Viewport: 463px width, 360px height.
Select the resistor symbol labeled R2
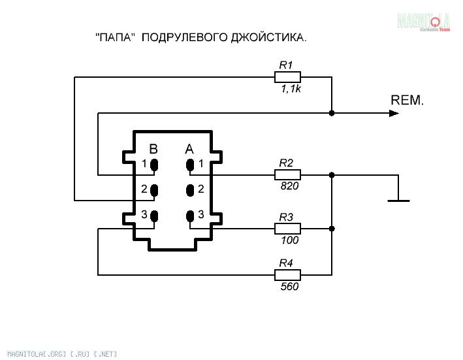click(x=287, y=175)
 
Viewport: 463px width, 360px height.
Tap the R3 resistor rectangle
click(x=287, y=229)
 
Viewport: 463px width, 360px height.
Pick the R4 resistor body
click(x=287, y=274)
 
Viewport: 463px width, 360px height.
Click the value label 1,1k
click(x=291, y=89)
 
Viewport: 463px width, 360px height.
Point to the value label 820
click(x=289, y=187)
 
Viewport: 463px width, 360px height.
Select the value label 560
click(x=289, y=286)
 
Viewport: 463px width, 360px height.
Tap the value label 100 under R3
click(x=289, y=240)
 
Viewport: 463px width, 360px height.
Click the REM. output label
click(x=407, y=101)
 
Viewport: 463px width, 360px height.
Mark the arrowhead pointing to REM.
click(x=394, y=113)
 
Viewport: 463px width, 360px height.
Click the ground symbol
click(x=398, y=200)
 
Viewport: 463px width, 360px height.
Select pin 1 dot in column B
click(x=155, y=165)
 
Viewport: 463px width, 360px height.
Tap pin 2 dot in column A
click(x=190, y=190)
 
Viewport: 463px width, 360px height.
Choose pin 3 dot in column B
click(x=155, y=216)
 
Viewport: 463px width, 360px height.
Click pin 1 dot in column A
click(x=190, y=165)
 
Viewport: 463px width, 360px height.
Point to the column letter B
click(x=153, y=148)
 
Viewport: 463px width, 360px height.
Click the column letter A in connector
click(x=189, y=148)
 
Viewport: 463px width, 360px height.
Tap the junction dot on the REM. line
click(x=332, y=113)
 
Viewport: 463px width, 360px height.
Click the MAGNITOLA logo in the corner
click(x=425, y=21)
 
